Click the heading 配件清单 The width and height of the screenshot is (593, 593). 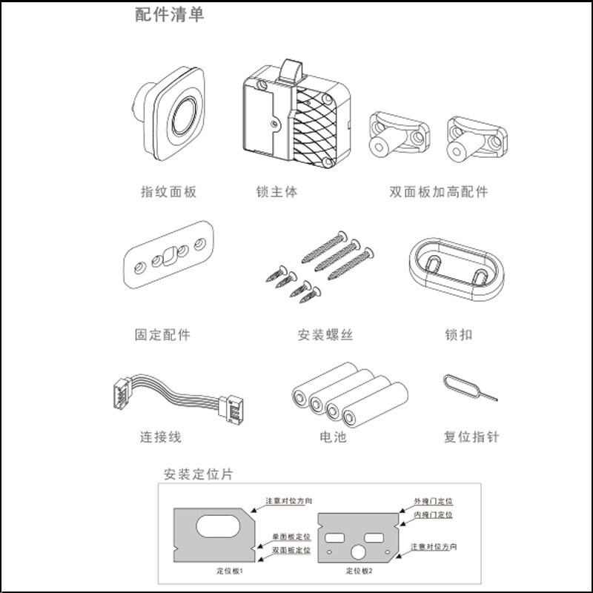pyautogui.click(x=170, y=15)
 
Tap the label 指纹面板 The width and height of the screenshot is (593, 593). pyautogui.click(x=169, y=192)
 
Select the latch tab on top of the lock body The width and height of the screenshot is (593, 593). pyautogui.click(x=291, y=70)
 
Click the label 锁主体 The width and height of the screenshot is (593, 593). pyautogui.click(x=276, y=192)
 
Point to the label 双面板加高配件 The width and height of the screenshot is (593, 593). pyautogui.click(x=439, y=192)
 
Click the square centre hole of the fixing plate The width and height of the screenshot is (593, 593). pyautogui.click(x=170, y=256)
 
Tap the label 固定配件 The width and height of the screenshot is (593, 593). pyautogui.click(x=162, y=335)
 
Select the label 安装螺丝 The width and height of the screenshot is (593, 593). pyautogui.click(x=325, y=335)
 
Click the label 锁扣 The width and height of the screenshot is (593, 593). pyautogui.click(x=459, y=335)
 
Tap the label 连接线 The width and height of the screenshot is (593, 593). pyautogui.click(x=161, y=437)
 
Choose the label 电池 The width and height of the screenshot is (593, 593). pyautogui.click(x=333, y=437)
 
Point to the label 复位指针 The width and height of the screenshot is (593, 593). pyautogui.click(x=471, y=437)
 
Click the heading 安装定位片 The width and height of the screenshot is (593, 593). pyautogui.click(x=198, y=474)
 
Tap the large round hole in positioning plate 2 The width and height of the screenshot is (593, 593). pyautogui.click(x=358, y=552)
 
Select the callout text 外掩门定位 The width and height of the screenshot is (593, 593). pyautogui.click(x=434, y=502)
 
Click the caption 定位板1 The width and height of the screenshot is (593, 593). pyautogui.click(x=230, y=571)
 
